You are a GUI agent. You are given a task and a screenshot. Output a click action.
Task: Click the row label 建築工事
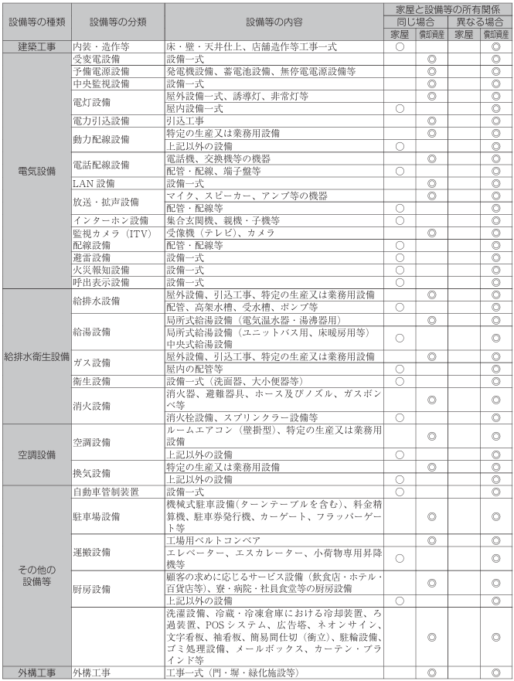[36, 46]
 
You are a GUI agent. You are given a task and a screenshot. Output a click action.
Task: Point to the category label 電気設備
[36, 171]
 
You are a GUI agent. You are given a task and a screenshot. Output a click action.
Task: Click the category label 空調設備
[36, 453]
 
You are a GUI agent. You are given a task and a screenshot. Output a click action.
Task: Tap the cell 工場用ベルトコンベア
[214, 539]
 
